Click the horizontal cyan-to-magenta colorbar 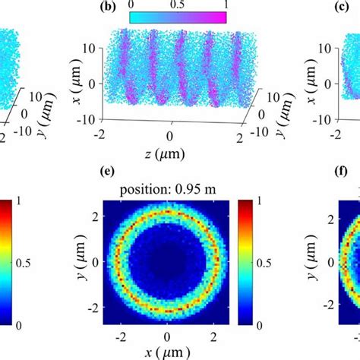pos(178,17)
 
